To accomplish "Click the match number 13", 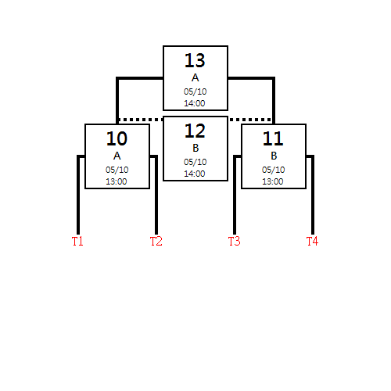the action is (x=195, y=60).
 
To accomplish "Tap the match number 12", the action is (x=195, y=131).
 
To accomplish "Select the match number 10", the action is (x=117, y=138).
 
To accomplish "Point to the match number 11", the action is (x=273, y=138).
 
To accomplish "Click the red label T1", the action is (x=77, y=241).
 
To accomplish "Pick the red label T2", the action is (x=156, y=241).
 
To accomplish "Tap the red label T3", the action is (x=234, y=241).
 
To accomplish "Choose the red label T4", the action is (x=312, y=241).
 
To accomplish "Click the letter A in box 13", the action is (x=195, y=77).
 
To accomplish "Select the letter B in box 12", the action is (x=195, y=148).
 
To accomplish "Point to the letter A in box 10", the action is (x=117, y=156).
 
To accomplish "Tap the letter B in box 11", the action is (x=274, y=156).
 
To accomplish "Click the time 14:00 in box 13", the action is (x=195, y=103).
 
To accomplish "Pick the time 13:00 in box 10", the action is (x=117, y=181).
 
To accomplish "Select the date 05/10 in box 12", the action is (x=195, y=162).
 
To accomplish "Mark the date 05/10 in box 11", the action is (x=273, y=170).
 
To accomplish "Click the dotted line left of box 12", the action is (x=141, y=120).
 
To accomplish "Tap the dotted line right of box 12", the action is (x=250, y=120).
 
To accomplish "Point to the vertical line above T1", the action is (x=78, y=195).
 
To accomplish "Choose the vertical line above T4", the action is (x=313, y=195).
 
